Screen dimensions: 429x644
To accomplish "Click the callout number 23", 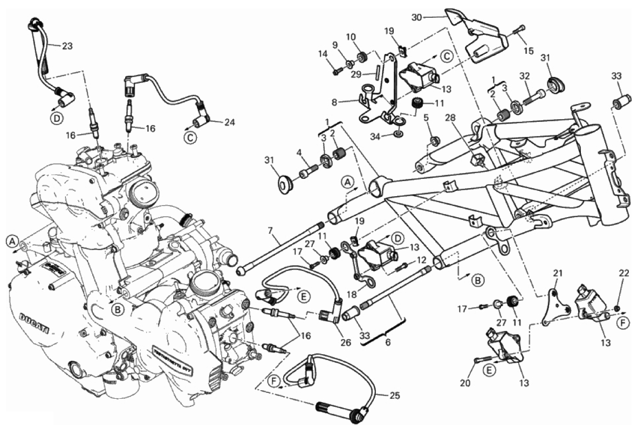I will coord(67,46).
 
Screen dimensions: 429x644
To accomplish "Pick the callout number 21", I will coord(557,274).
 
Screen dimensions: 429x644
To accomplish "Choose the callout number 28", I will coord(451,117).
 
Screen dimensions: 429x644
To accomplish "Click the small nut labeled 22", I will coord(618,308).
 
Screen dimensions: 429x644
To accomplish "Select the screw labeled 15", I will coord(520,29).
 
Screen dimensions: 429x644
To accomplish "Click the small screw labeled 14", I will coord(336,71).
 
